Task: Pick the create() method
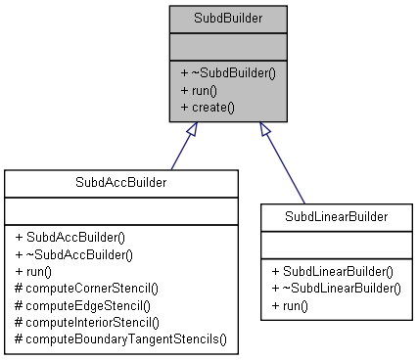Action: coord(207,106)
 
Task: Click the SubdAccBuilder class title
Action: coord(120,183)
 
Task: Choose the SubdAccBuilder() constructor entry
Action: coord(75,238)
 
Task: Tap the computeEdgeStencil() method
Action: coord(81,304)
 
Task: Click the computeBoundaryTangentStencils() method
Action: coord(120,337)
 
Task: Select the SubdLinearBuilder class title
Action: coord(336,214)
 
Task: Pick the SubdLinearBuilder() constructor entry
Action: coord(334,271)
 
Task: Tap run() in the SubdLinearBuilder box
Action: coord(290,304)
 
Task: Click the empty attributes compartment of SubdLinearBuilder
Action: coord(336,243)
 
